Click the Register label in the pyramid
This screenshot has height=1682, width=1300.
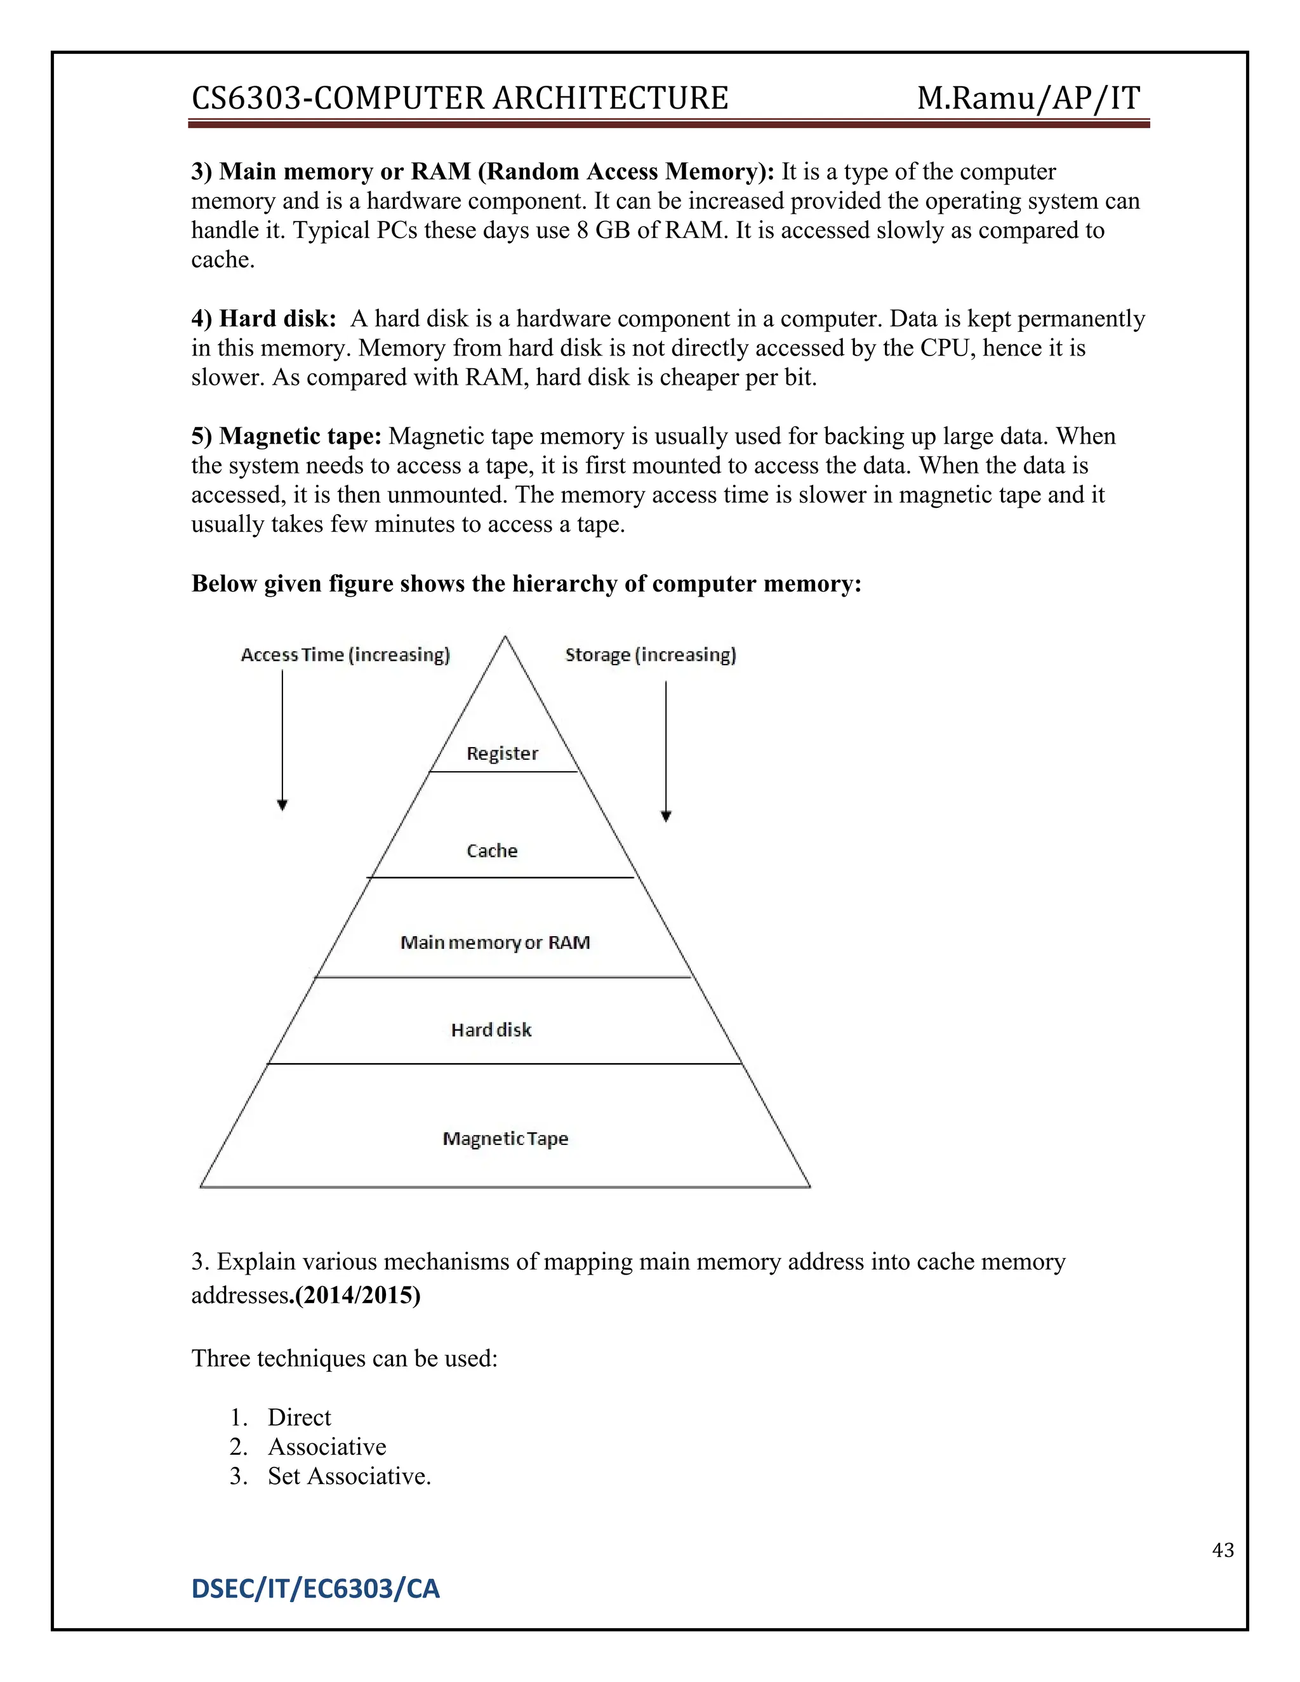[x=502, y=753]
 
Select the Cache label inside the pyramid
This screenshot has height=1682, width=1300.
[x=492, y=851]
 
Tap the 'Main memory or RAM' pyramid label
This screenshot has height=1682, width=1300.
[x=495, y=943]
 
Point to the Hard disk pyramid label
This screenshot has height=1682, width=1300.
[x=491, y=1030]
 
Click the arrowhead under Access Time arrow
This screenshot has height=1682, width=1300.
[x=282, y=805]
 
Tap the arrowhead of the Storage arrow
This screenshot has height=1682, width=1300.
[x=666, y=816]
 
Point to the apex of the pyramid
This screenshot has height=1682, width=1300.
[x=505, y=638]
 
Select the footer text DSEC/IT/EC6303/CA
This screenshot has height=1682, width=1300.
[x=315, y=1589]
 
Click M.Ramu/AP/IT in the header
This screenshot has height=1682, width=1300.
[x=1028, y=98]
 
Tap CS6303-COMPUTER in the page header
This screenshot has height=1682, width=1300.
[x=339, y=98]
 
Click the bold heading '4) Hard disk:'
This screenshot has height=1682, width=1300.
[x=263, y=318]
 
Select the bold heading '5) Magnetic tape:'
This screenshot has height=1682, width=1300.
[x=286, y=436]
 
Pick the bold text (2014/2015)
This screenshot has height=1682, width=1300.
[x=358, y=1295]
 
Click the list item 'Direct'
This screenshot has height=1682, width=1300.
[x=299, y=1417]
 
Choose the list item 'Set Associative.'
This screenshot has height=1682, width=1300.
[x=349, y=1476]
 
